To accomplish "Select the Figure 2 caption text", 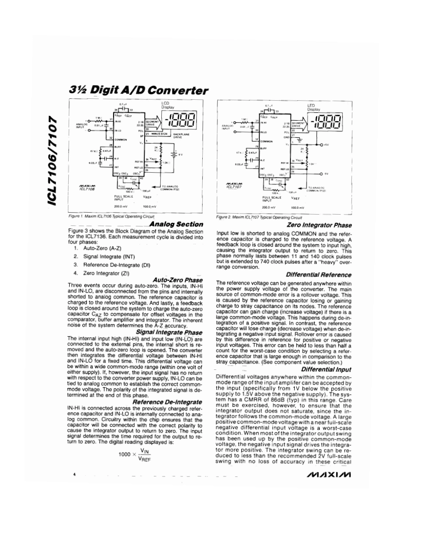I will click(260, 217).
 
